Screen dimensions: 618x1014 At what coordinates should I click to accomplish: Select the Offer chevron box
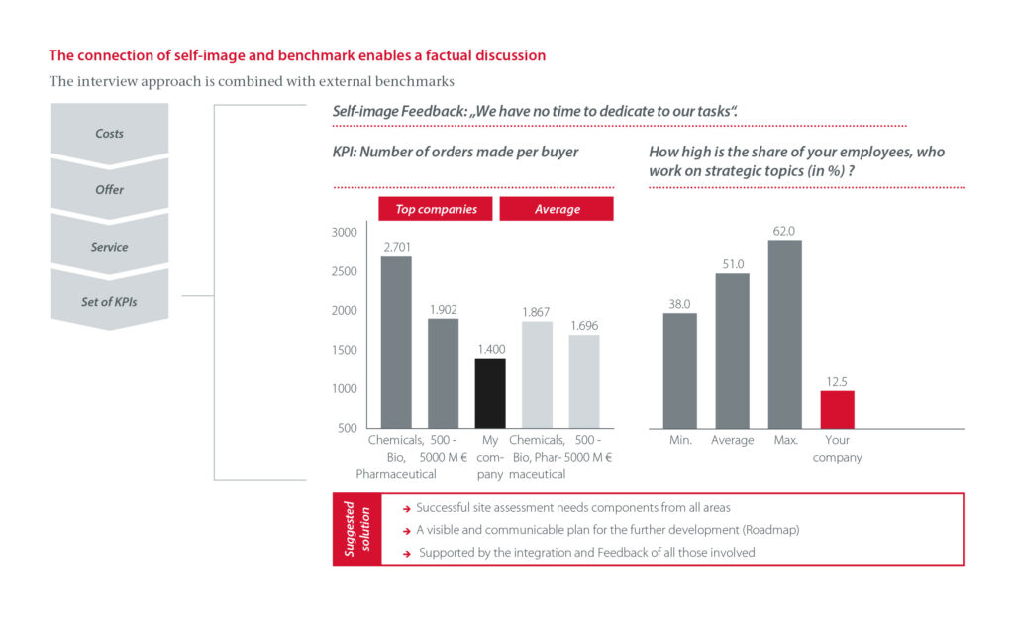(109, 189)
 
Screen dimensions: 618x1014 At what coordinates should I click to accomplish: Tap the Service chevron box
(109, 246)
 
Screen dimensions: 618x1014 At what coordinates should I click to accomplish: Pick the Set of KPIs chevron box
(109, 301)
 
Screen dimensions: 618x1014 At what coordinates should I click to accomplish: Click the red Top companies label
(436, 209)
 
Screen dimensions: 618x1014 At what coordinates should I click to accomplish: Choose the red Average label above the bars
(557, 209)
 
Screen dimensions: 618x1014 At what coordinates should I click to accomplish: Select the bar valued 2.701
(396, 342)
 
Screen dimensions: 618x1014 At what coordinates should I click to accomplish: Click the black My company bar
(490, 392)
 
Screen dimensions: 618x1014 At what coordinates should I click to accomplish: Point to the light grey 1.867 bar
(537, 374)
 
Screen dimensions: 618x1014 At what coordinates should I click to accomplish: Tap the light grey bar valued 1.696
(583, 381)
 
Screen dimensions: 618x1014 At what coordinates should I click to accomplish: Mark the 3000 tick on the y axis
(344, 233)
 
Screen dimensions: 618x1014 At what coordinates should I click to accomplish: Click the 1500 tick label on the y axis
(344, 350)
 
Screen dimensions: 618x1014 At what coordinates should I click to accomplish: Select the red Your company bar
(837, 409)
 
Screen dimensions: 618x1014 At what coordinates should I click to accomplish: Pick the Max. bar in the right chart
(785, 334)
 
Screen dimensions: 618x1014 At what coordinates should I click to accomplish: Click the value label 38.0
(679, 305)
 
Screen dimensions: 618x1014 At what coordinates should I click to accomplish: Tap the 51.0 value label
(733, 264)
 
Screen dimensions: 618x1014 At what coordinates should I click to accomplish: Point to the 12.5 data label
(837, 381)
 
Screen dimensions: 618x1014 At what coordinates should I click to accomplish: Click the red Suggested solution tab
(356, 529)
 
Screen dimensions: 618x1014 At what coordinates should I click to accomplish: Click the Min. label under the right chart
(679, 440)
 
